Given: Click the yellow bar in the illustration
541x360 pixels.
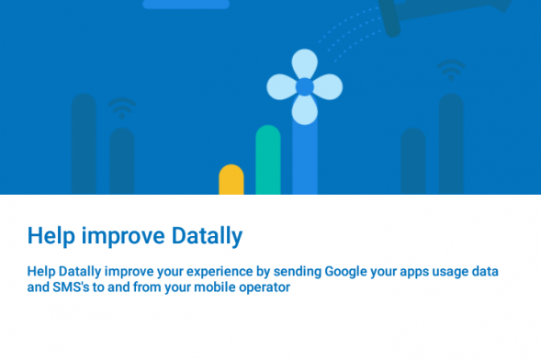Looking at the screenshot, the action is [231, 180].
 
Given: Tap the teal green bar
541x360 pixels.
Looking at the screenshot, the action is [268, 160].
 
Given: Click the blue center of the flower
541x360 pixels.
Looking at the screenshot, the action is [305, 87].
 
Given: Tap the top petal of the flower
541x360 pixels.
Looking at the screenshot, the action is [305, 63].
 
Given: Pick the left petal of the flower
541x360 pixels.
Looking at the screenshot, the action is [281, 87].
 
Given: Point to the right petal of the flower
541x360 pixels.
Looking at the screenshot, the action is [328, 87].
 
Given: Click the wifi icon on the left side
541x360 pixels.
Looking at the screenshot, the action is [122, 107].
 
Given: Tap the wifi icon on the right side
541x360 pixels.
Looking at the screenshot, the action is [451, 69].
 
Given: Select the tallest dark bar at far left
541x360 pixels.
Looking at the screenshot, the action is [84, 144].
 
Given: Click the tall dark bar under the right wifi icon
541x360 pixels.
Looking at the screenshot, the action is [451, 144].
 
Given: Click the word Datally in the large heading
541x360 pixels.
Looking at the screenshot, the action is [207, 237].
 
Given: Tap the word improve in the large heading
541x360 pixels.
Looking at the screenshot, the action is [123, 237].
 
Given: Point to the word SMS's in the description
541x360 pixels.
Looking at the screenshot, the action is [71, 287].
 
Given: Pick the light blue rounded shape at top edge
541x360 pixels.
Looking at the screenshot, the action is [186, 5].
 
